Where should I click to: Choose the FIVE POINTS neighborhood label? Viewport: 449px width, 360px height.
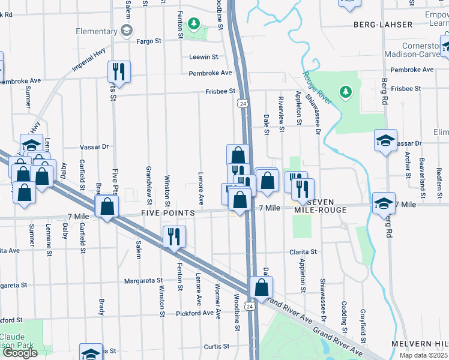click(168, 214)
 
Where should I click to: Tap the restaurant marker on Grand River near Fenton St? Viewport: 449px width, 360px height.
click(174, 236)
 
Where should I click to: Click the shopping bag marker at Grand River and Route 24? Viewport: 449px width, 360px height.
click(262, 287)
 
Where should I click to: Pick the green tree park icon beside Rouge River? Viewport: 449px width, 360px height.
click(345, 92)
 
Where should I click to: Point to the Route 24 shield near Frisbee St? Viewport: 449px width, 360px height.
click(242, 104)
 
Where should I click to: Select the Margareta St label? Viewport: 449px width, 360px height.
click(143, 280)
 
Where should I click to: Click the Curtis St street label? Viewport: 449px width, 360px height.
click(217, 346)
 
